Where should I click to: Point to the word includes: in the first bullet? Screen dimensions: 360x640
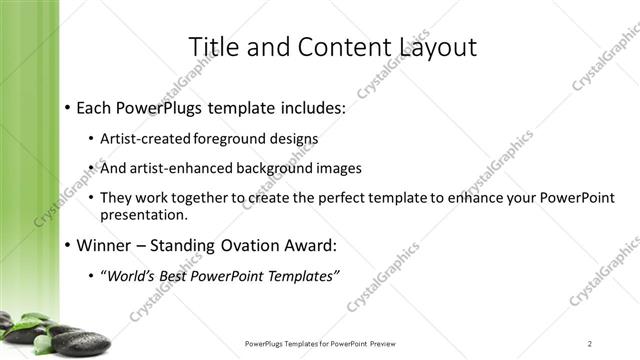(307, 106)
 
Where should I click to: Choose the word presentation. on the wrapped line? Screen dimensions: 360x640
(144, 215)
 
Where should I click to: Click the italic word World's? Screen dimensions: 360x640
(131, 275)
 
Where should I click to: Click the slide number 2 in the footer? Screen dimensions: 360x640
(590, 344)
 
